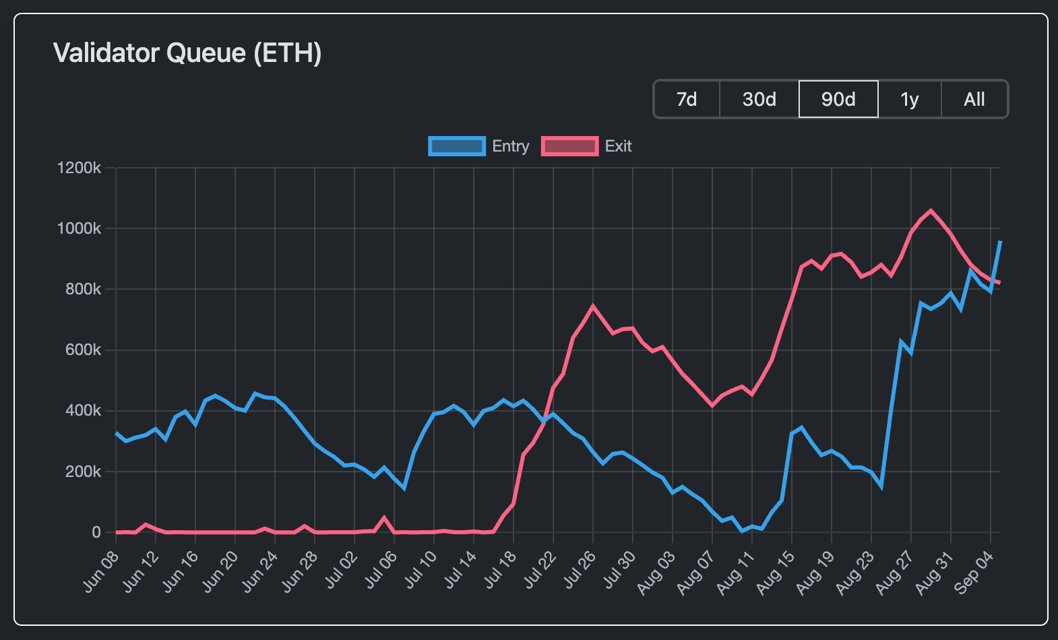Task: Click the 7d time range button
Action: tap(687, 100)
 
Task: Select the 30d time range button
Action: tap(759, 100)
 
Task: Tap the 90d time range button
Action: tap(838, 100)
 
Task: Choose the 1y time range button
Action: tap(910, 100)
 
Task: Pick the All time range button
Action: tap(974, 100)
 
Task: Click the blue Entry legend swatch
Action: tap(457, 146)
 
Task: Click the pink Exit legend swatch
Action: tap(569, 146)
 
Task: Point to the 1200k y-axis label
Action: tap(79, 168)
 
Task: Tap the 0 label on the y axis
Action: tap(96, 532)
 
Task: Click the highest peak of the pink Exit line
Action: tap(931, 210)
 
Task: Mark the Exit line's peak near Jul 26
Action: tap(593, 306)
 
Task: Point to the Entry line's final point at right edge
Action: tap(1000, 241)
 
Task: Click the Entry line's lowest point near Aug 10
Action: tap(742, 531)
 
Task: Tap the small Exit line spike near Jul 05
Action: tap(384, 517)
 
